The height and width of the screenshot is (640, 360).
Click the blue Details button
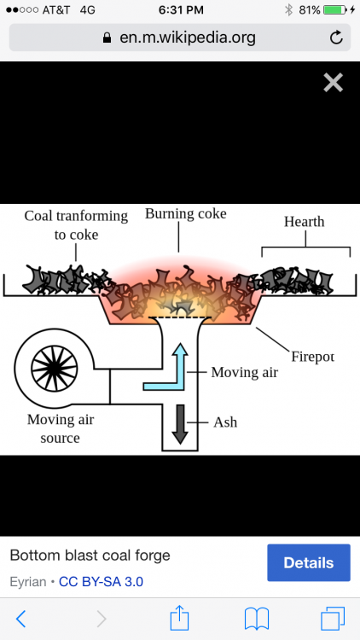point(309,562)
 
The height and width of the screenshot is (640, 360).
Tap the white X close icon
point(333,83)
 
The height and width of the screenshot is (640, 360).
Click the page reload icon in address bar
point(336,38)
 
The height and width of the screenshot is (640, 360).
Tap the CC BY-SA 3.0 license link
point(101,581)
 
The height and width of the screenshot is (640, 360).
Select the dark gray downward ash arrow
point(180,424)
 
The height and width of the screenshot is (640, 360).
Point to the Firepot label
point(312,357)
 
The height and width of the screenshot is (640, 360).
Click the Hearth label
point(304,222)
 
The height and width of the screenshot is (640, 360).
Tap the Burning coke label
point(186,213)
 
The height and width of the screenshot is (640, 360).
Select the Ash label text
point(225,422)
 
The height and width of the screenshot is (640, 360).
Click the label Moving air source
point(61,428)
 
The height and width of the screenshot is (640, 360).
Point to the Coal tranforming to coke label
point(76,225)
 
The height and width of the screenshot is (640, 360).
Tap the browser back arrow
point(20,619)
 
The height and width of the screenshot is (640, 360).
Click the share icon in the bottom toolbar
point(180,618)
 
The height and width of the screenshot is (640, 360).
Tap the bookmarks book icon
point(256,619)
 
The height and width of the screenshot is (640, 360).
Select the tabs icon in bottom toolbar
point(333,619)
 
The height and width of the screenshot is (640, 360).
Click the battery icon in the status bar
point(335,9)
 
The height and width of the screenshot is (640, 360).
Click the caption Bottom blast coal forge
point(90,556)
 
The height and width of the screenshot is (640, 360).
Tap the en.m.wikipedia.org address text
point(188,38)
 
